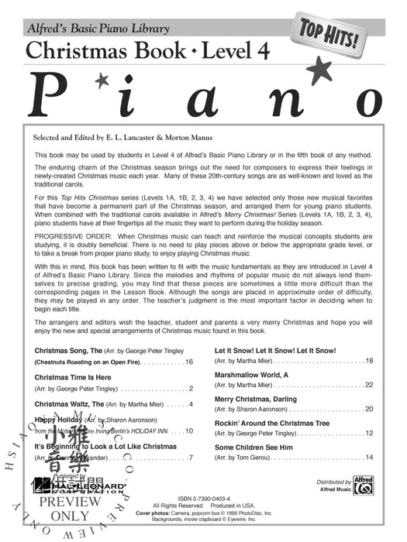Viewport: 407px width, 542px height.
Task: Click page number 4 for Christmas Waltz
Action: pyautogui.click(x=190, y=403)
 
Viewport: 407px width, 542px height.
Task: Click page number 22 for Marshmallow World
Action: pyautogui.click(x=369, y=384)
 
